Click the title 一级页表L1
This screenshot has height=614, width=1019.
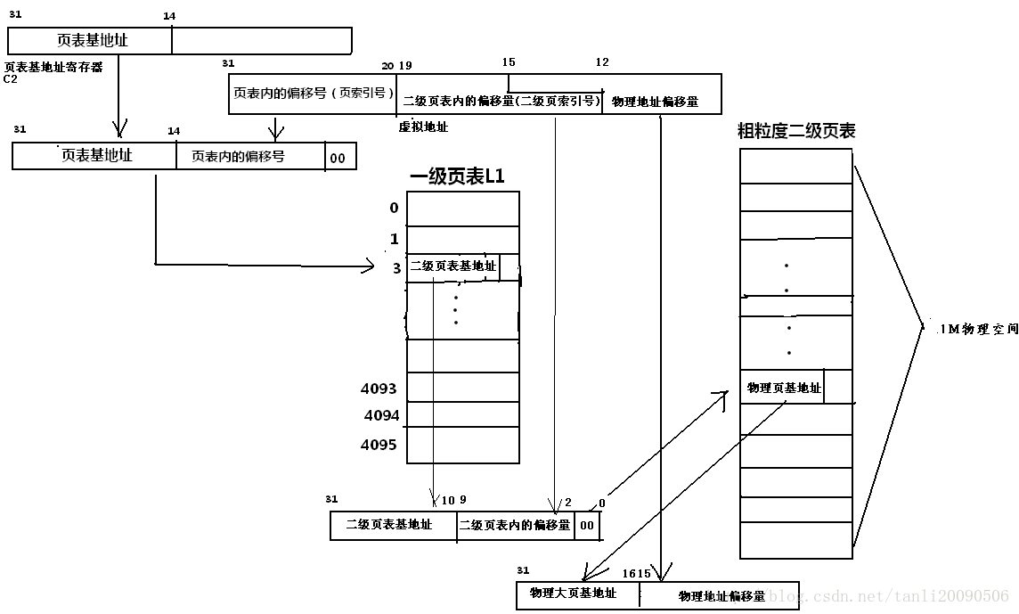(457, 176)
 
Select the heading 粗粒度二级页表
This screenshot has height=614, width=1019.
(796, 131)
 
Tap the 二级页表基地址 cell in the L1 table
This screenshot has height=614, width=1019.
(452, 266)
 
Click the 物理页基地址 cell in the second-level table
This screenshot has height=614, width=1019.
(783, 388)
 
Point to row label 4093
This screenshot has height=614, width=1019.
(379, 389)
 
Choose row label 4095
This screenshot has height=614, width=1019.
(379, 445)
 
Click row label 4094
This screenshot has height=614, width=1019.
(381, 415)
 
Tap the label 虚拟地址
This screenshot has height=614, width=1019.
(423, 127)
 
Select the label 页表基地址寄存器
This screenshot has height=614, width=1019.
(53, 67)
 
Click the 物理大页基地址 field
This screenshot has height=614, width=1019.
(573, 594)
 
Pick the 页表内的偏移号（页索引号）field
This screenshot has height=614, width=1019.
(313, 93)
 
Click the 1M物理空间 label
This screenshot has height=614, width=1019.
(976, 328)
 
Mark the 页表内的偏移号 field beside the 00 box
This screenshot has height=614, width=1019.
(238, 156)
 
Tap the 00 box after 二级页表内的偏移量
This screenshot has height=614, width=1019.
(587, 526)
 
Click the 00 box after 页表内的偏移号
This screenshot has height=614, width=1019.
(338, 158)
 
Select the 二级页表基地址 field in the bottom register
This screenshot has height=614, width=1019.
(389, 525)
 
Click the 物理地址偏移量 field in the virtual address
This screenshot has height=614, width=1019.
(655, 102)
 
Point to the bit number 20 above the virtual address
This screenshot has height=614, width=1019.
(387, 66)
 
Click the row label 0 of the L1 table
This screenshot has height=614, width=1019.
(394, 209)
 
